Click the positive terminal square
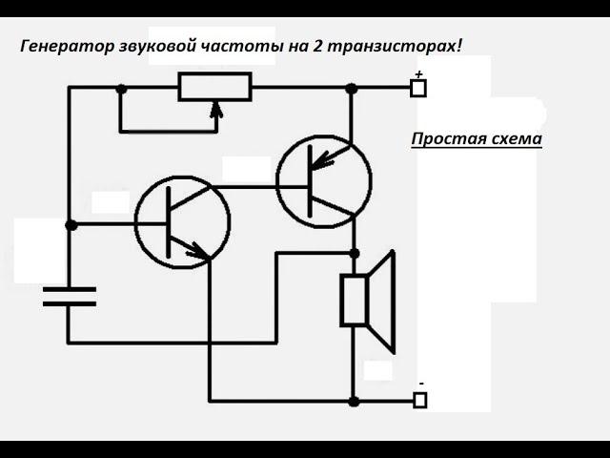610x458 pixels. (417, 89)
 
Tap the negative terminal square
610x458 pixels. (418, 400)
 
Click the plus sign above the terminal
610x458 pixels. (418, 73)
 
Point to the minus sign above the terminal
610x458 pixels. (420, 384)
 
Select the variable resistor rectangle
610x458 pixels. (214, 88)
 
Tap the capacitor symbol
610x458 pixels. (70, 296)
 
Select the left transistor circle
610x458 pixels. (182, 222)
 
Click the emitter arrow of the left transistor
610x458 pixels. (197, 251)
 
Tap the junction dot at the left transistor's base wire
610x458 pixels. (71, 225)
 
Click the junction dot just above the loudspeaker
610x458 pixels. (354, 253)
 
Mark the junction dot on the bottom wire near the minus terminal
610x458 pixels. (354, 402)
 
